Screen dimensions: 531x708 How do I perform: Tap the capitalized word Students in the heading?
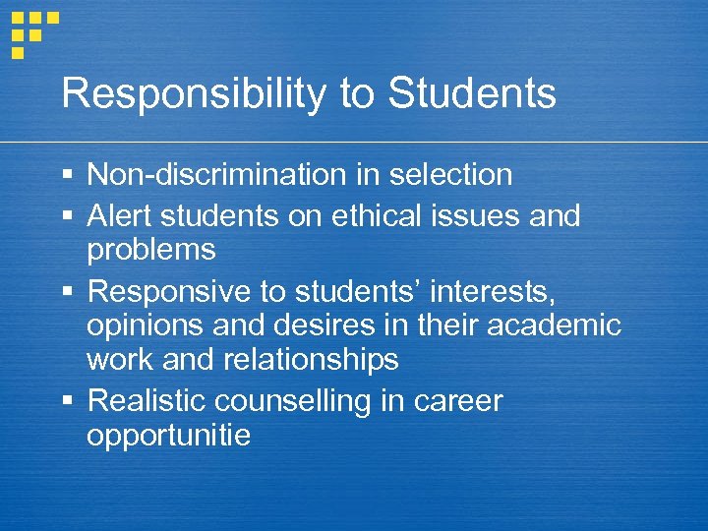click(x=472, y=94)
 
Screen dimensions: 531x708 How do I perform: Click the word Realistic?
click(x=147, y=400)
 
